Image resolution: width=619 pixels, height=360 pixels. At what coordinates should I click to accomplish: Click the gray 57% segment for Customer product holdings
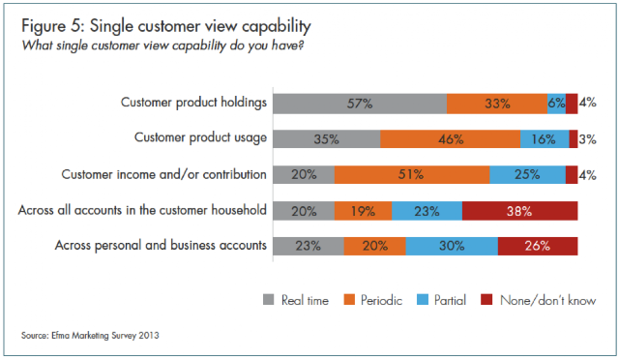[x=360, y=104]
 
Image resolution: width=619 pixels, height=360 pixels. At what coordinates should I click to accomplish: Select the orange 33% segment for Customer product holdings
[x=497, y=104]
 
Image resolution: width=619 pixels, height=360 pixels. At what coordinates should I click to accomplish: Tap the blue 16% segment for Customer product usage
[x=545, y=139]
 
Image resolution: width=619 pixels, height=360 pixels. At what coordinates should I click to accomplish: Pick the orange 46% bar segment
[x=450, y=139]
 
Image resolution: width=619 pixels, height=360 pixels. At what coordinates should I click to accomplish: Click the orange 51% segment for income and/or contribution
[x=412, y=174]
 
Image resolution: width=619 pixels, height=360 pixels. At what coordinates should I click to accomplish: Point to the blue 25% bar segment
[x=527, y=174]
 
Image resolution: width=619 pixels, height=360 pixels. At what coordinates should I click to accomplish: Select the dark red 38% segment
[x=520, y=211]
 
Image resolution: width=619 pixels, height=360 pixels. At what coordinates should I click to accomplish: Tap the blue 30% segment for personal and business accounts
[x=452, y=246]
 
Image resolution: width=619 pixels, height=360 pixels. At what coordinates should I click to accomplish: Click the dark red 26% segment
[x=538, y=246]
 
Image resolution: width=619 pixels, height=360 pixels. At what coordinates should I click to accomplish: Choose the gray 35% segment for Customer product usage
[x=327, y=139]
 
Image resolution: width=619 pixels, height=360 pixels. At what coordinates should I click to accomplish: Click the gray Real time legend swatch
[x=269, y=300]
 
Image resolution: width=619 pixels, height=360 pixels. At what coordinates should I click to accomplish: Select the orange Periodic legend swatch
[x=349, y=300]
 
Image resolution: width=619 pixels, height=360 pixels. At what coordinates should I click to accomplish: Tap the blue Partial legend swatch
[x=423, y=300]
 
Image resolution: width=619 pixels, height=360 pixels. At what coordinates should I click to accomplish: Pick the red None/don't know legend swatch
[x=486, y=300]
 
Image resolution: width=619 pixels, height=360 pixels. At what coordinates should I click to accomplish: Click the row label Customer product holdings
[x=193, y=103]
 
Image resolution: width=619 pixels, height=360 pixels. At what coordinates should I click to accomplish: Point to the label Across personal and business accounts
[x=161, y=246]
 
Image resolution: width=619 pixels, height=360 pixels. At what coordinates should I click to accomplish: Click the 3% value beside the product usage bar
[x=587, y=139]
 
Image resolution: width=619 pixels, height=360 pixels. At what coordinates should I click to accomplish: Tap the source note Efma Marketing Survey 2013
[x=90, y=336]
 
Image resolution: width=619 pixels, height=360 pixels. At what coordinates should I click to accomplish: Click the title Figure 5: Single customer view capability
[x=166, y=26]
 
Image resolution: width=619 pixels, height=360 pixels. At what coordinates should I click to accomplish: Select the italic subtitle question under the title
[x=162, y=45]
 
